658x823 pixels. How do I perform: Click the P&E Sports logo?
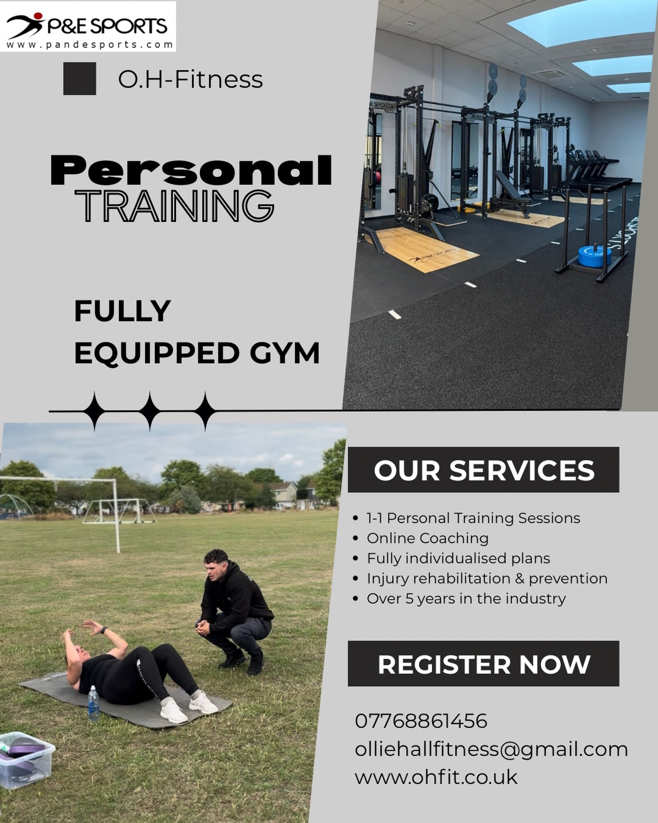point(88,27)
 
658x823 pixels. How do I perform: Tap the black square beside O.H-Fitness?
point(79,78)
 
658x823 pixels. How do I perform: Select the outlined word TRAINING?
point(174,207)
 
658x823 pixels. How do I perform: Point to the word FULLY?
point(122,311)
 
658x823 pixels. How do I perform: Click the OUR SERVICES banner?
point(483,470)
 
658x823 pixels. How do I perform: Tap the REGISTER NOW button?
point(483,664)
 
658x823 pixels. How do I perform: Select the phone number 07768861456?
point(421,721)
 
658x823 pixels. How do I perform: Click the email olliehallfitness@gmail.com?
point(491,749)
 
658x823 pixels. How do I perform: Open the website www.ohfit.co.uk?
point(436,777)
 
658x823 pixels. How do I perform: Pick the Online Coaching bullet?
point(427,538)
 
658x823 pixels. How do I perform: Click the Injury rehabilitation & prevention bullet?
point(487,579)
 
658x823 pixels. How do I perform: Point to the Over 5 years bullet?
point(466,599)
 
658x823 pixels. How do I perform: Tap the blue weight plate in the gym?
point(594,256)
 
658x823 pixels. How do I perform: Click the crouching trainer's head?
point(216,565)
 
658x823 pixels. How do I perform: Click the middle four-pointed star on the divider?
point(150,411)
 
